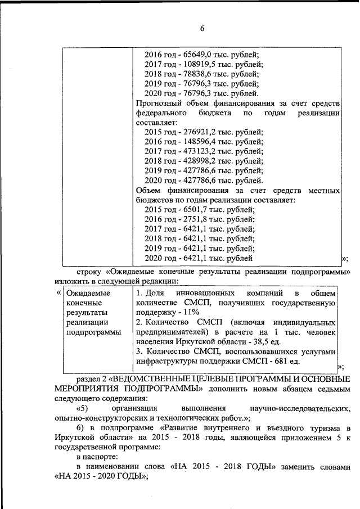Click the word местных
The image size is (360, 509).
coord(322,190)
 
